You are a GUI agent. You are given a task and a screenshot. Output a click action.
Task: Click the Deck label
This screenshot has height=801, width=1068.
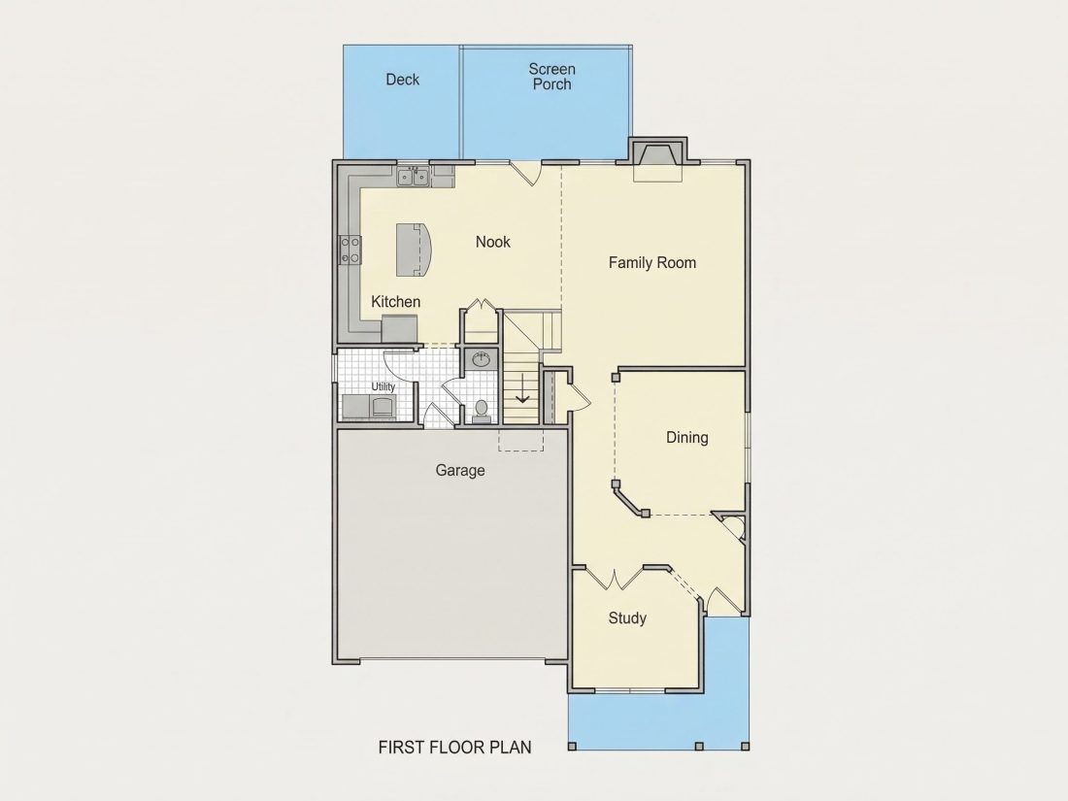pos(403,80)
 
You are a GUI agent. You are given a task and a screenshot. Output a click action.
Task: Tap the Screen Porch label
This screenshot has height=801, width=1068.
pos(552,77)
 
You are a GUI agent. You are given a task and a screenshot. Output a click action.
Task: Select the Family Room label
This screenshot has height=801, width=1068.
pos(652,263)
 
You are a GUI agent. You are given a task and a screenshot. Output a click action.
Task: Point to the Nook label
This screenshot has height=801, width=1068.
pos(493,242)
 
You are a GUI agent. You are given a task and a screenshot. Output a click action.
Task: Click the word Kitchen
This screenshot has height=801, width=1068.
pos(396,302)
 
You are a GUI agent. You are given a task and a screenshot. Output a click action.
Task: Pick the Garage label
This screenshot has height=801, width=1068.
pos(460,471)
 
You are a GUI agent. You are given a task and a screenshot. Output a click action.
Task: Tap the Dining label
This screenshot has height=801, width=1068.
pos(687,438)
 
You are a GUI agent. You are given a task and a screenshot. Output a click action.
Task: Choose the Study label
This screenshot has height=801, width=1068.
pos(627,618)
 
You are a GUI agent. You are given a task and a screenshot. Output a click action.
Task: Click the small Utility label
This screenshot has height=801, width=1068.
pos(384,386)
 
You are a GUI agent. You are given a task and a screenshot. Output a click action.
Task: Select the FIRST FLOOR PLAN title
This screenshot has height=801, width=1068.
pos(455,748)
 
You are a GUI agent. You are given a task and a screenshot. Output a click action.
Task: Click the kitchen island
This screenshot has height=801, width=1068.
pos(415,250)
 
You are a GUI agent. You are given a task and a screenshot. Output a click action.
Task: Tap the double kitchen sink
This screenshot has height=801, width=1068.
pos(413,177)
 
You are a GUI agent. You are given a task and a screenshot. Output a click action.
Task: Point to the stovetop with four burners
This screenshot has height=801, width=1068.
pos(350,250)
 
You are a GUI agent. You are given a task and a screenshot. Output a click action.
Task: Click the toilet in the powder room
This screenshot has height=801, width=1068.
pos(482,412)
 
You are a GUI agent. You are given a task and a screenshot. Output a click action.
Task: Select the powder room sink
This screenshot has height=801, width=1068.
pos(483,358)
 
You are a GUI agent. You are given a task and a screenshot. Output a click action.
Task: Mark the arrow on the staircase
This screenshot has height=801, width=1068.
pos(521,388)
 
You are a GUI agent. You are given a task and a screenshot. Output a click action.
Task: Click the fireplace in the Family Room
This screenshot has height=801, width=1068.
pos(657,160)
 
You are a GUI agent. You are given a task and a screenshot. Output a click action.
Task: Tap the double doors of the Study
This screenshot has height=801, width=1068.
pos(615,579)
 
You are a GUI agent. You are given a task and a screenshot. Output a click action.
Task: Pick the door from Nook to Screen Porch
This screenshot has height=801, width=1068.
pos(525,173)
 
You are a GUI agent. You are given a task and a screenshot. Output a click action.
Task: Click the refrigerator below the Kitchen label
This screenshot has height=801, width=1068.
pos(398,329)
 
